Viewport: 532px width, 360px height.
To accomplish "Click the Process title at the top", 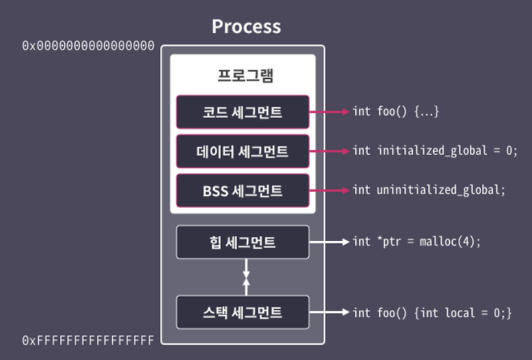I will pyautogui.click(x=246, y=27).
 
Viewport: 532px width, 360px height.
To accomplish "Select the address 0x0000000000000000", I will pyautogui.click(x=88, y=46).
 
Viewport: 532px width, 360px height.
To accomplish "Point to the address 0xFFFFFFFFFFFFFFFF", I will pyautogui.click(x=88, y=340).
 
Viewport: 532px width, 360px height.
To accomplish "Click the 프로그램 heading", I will pyautogui.click(x=243, y=75).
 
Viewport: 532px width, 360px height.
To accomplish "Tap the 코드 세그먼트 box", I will pyautogui.click(x=243, y=112).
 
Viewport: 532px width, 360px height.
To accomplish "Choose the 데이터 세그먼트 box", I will pyautogui.click(x=243, y=151).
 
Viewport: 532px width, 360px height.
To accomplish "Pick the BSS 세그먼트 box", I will pyautogui.click(x=243, y=190).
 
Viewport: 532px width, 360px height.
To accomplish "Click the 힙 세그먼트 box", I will pyautogui.click(x=243, y=242).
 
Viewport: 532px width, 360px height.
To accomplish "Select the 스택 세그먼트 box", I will pyautogui.click(x=243, y=312).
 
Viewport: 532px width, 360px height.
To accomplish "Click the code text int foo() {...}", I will pyautogui.click(x=396, y=112).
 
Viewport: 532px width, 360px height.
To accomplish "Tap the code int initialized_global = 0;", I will pyautogui.click(x=435, y=151).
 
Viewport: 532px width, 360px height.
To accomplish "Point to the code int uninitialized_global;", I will pyautogui.click(x=429, y=190).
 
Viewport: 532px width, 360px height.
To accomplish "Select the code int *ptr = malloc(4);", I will pyautogui.click(x=416, y=242).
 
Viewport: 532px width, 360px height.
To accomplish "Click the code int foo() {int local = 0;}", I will pyautogui.click(x=432, y=312).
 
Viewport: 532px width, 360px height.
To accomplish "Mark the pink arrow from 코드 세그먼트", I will pyautogui.click(x=329, y=112).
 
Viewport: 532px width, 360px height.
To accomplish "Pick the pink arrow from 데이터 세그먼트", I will pyautogui.click(x=329, y=151).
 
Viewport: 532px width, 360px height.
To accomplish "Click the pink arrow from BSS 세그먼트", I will pyautogui.click(x=329, y=190).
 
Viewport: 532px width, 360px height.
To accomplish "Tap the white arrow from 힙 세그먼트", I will pyautogui.click(x=329, y=242).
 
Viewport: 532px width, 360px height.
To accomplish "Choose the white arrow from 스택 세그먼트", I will pyautogui.click(x=329, y=312).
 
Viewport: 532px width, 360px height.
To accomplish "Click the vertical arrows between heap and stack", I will pyautogui.click(x=246, y=277).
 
